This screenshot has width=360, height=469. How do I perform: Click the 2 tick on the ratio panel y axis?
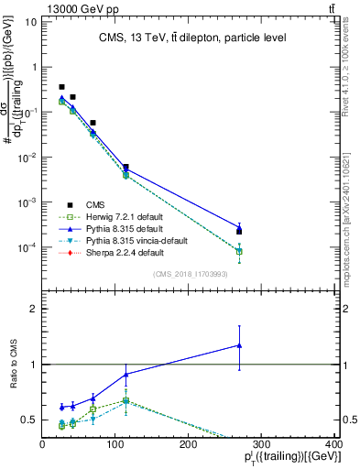coord(32,310)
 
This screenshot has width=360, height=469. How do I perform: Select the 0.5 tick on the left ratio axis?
coord(27,420)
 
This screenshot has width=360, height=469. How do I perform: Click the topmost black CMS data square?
coord(61,87)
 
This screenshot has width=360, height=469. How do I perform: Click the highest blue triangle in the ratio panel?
coord(239,345)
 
